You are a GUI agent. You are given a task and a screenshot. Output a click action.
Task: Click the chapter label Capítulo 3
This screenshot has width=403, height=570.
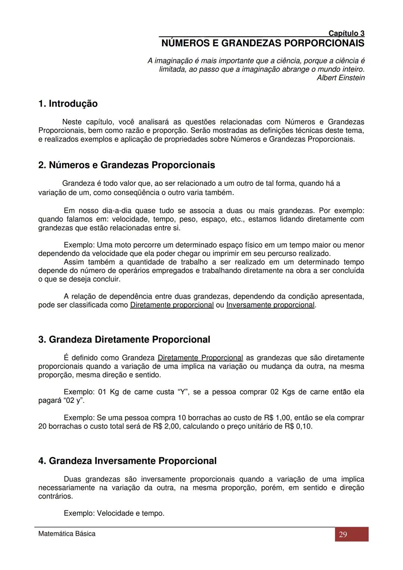click(346, 34)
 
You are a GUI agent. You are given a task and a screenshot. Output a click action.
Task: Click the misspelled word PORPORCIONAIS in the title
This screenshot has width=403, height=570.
click(324, 43)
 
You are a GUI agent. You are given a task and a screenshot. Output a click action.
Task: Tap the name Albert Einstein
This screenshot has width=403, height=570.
click(341, 78)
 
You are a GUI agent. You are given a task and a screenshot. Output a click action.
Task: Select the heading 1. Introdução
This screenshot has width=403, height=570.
click(68, 104)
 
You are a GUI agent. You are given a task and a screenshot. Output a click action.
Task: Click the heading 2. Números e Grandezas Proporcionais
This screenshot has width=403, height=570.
click(126, 165)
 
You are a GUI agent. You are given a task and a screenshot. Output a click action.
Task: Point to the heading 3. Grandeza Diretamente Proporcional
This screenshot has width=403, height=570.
click(124, 339)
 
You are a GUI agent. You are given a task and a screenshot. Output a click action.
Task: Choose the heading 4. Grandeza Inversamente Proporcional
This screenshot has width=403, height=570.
click(127, 461)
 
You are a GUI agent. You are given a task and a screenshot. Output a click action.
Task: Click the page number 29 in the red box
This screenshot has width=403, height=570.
click(343, 534)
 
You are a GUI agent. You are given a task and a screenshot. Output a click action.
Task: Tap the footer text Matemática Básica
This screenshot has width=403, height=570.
click(67, 534)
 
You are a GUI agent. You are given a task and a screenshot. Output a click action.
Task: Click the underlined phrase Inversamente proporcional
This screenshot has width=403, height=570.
click(271, 305)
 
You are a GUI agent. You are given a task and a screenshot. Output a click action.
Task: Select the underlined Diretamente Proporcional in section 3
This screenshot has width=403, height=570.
click(200, 358)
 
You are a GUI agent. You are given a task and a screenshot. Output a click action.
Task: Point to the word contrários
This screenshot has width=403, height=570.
click(55, 496)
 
